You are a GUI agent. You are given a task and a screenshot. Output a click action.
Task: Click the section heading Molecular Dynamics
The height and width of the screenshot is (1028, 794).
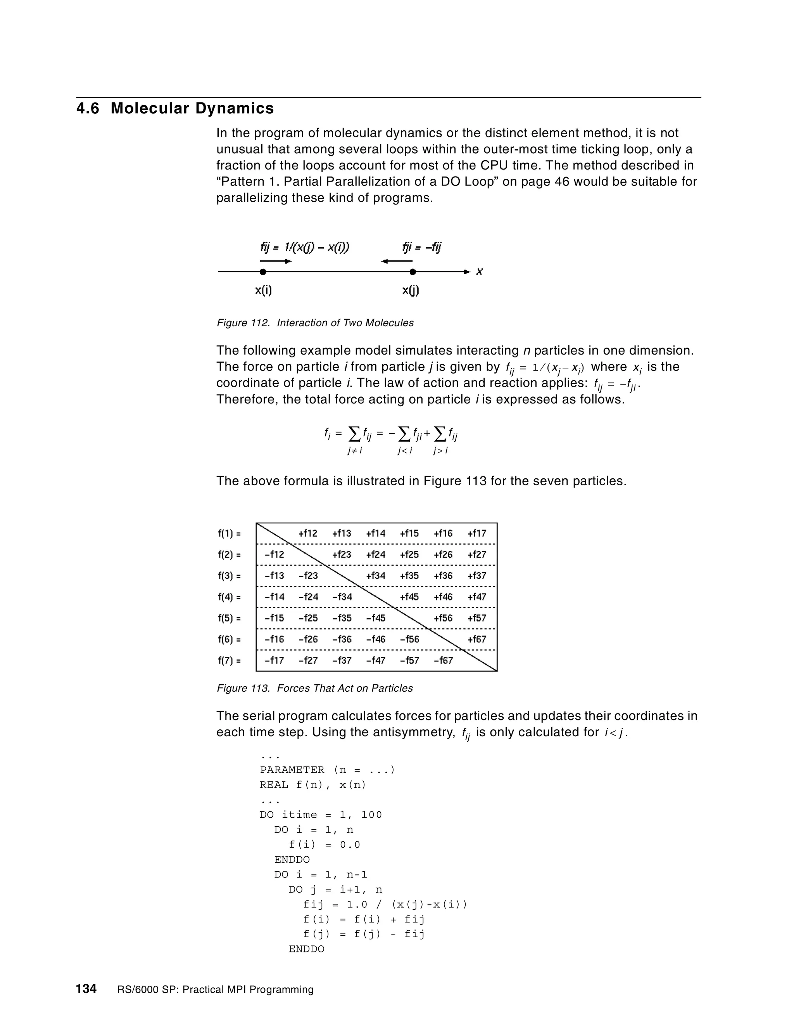pyautogui.click(x=192, y=108)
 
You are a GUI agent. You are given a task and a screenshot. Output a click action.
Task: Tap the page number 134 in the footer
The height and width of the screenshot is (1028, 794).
pyautogui.click(x=86, y=988)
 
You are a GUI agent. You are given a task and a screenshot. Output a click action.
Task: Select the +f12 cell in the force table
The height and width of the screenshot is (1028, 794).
pyautogui.click(x=308, y=533)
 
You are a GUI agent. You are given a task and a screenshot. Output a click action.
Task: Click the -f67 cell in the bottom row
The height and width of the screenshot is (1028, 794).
pyautogui.click(x=443, y=660)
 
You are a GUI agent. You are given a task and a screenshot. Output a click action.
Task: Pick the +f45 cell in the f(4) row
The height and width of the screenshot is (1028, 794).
pyautogui.click(x=409, y=597)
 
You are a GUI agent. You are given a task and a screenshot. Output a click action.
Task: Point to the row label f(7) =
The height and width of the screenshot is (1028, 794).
pyautogui.click(x=229, y=660)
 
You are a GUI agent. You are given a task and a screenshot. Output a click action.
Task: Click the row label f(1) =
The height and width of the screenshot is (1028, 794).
pyautogui.click(x=229, y=533)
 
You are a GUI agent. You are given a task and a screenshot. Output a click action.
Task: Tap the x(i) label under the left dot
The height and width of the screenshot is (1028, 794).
pyautogui.click(x=263, y=291)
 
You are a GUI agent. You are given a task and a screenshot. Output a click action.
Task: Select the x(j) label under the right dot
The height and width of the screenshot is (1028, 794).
pyautogui.click(x=411, y=291)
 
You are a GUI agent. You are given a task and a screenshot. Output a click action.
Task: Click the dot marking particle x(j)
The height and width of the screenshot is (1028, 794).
pyautogui.click(x=413, y=272)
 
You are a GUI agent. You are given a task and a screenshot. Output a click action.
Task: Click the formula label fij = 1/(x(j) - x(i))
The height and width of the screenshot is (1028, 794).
pyautogui.click(x=304, y=247)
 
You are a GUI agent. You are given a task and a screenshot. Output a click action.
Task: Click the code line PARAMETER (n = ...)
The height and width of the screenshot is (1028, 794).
pyautogui.click(x=327, y=770)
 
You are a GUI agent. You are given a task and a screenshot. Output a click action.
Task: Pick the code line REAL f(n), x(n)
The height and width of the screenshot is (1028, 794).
pyautogui.click(x=313, y=785)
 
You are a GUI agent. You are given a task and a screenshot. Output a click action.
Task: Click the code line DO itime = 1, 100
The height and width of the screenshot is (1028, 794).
pyautogui.click(x=321, y=815)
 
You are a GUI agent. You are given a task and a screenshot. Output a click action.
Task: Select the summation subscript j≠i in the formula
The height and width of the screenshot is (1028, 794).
pyautogui.click(x=355, y=450)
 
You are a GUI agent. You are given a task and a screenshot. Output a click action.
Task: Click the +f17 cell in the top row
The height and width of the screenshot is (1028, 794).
pyautogui.click(x=477, y=533)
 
